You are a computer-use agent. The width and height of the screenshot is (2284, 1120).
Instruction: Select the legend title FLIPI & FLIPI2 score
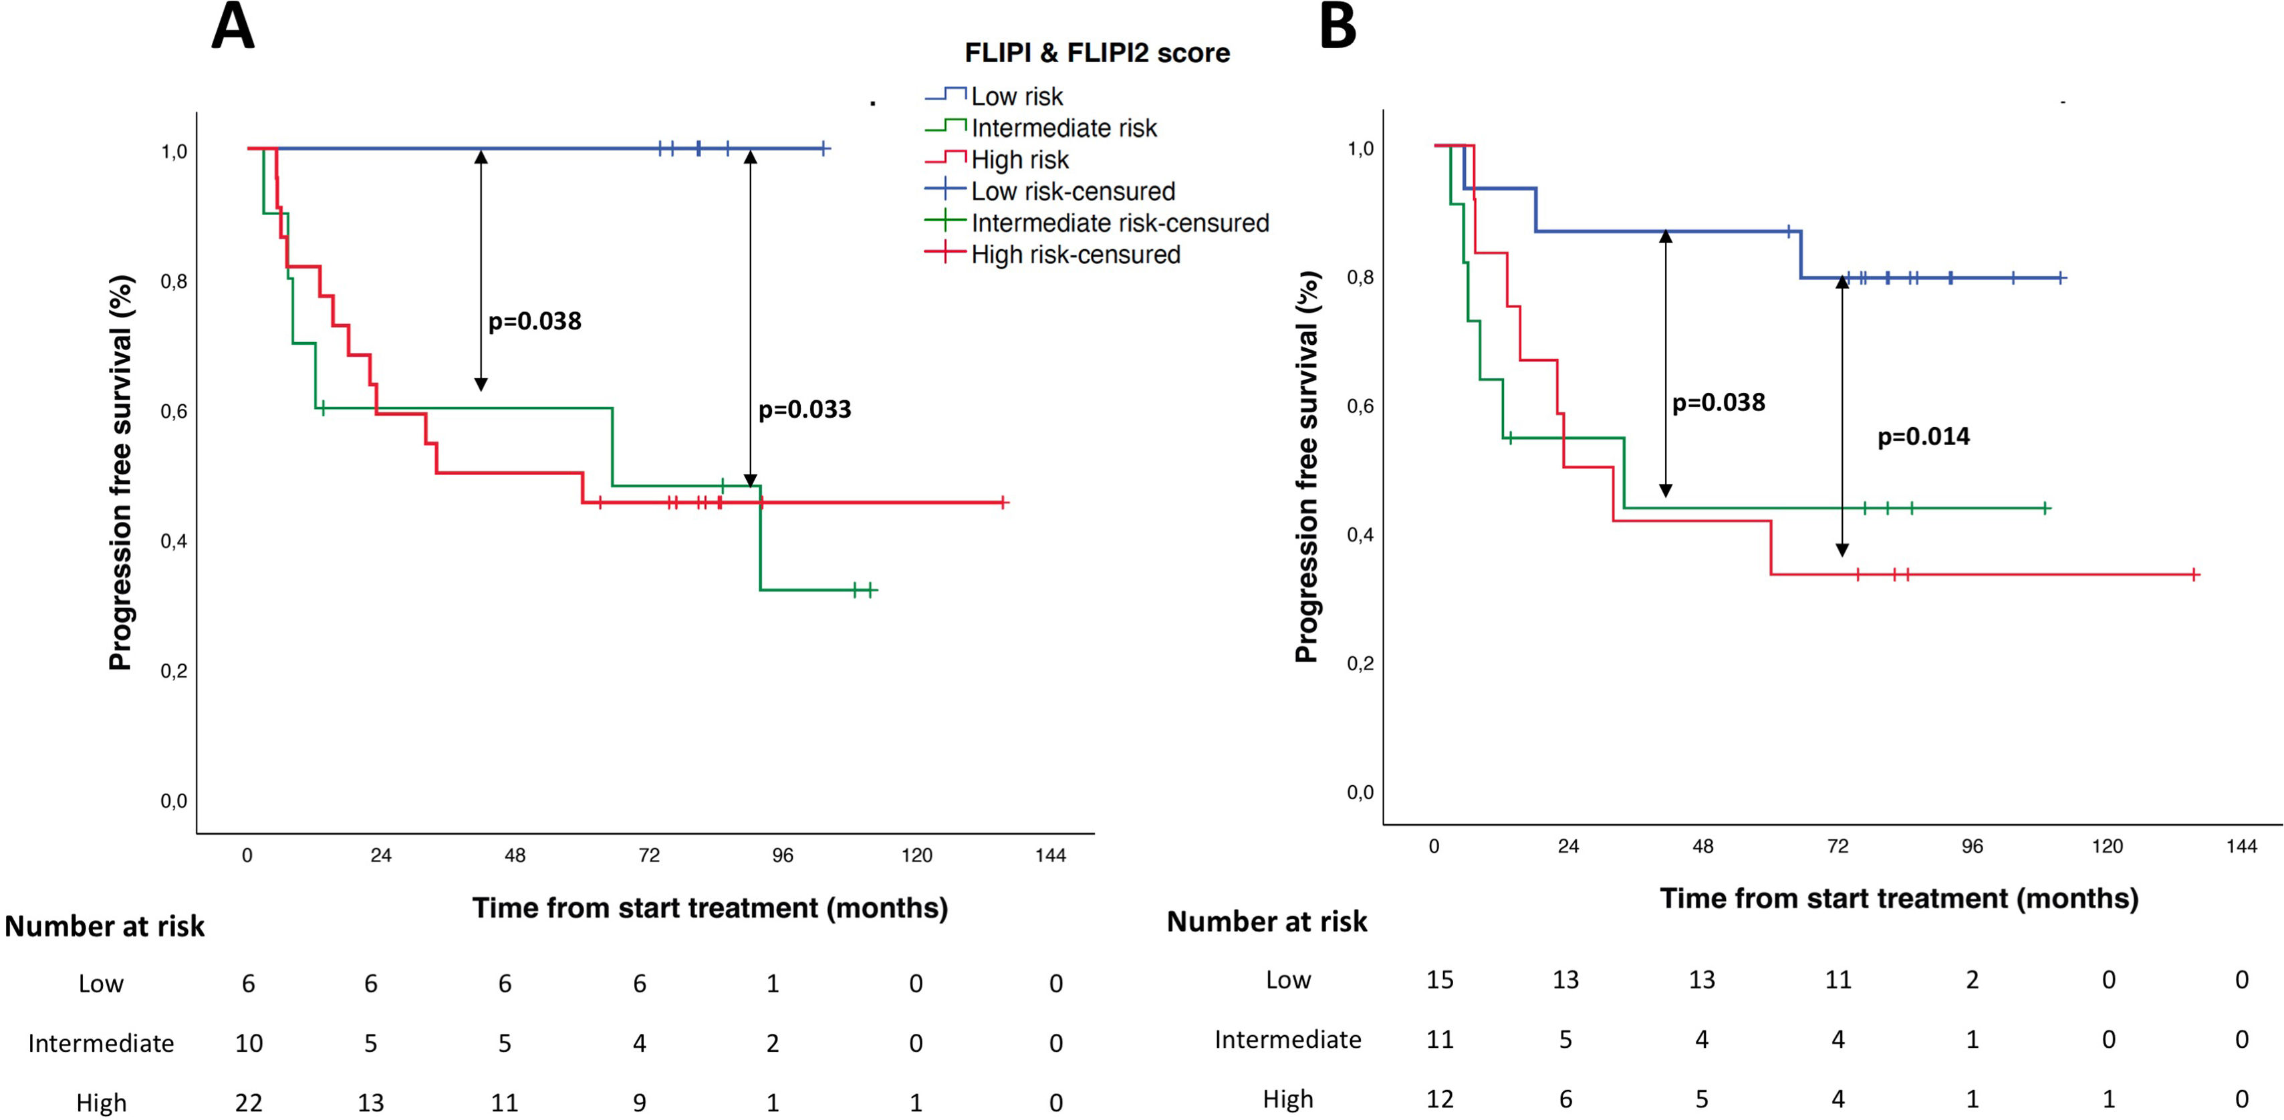(1097, 53)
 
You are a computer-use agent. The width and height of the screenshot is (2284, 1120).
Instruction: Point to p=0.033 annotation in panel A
(804, 410)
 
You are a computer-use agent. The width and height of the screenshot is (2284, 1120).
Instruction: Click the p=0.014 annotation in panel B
(1923, 437)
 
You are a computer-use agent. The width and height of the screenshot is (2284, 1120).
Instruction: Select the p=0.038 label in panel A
(535, 321)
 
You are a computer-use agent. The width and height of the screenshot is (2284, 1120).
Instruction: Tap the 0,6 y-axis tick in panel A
(174, 412)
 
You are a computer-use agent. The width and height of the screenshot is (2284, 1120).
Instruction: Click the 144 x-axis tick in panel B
(2241, 846)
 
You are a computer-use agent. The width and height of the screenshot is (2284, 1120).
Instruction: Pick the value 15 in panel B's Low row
(1440, 980)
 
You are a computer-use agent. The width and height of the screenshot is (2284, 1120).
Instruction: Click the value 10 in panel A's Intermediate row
(248, 1043)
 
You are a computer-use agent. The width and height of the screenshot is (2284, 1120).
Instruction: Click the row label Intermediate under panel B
(1287, 1039)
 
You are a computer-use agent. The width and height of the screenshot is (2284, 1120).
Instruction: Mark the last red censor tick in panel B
(2194, 575)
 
